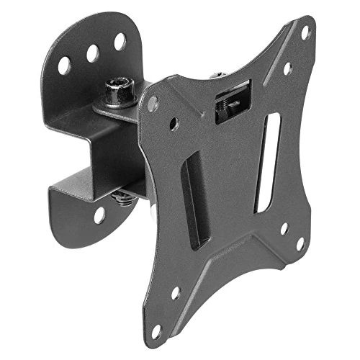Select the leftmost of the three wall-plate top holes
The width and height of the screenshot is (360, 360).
(64, 65)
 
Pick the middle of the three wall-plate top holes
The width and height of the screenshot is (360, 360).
(93, 53)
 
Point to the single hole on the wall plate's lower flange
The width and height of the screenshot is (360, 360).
(99, 215)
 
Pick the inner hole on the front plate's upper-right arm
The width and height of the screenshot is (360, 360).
(287, 68)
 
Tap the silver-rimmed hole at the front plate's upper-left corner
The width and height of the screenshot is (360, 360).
(152, 103)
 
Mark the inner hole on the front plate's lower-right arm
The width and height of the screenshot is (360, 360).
(283, 229)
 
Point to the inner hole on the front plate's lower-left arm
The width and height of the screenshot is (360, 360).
(175, 293)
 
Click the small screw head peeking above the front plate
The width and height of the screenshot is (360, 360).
(215, 73)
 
